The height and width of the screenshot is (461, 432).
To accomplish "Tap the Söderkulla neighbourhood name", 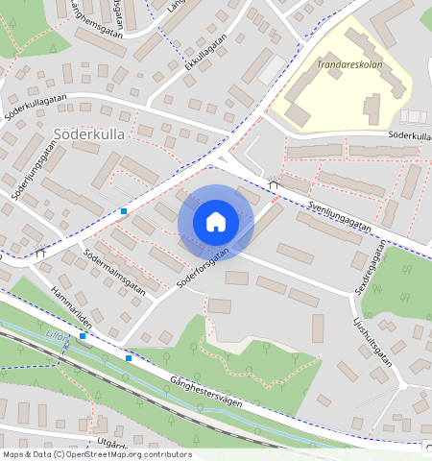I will tap(90, 134).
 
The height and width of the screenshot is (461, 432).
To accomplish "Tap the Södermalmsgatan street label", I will tap(113, 272).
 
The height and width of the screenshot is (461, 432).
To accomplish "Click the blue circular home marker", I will tap(216, 222).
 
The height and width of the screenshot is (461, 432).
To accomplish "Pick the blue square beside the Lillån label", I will tap(84, 336).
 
